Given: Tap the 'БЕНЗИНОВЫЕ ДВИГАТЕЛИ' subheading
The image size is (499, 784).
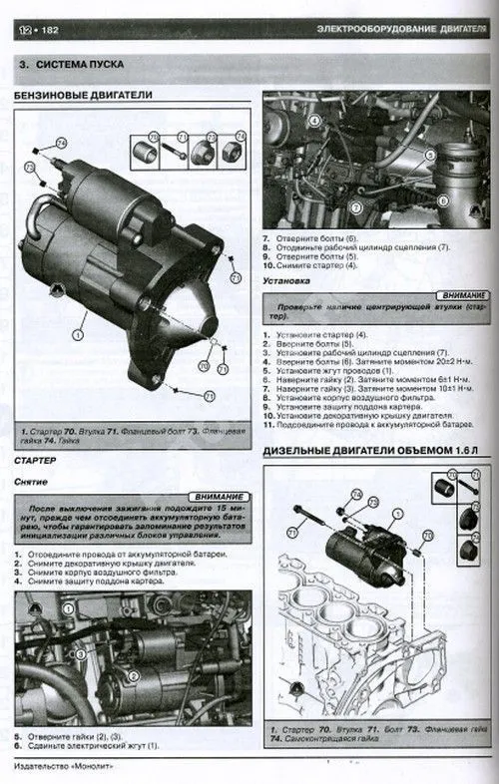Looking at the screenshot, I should [84, 97].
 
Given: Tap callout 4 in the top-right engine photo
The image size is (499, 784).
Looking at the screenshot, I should [313, 123].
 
